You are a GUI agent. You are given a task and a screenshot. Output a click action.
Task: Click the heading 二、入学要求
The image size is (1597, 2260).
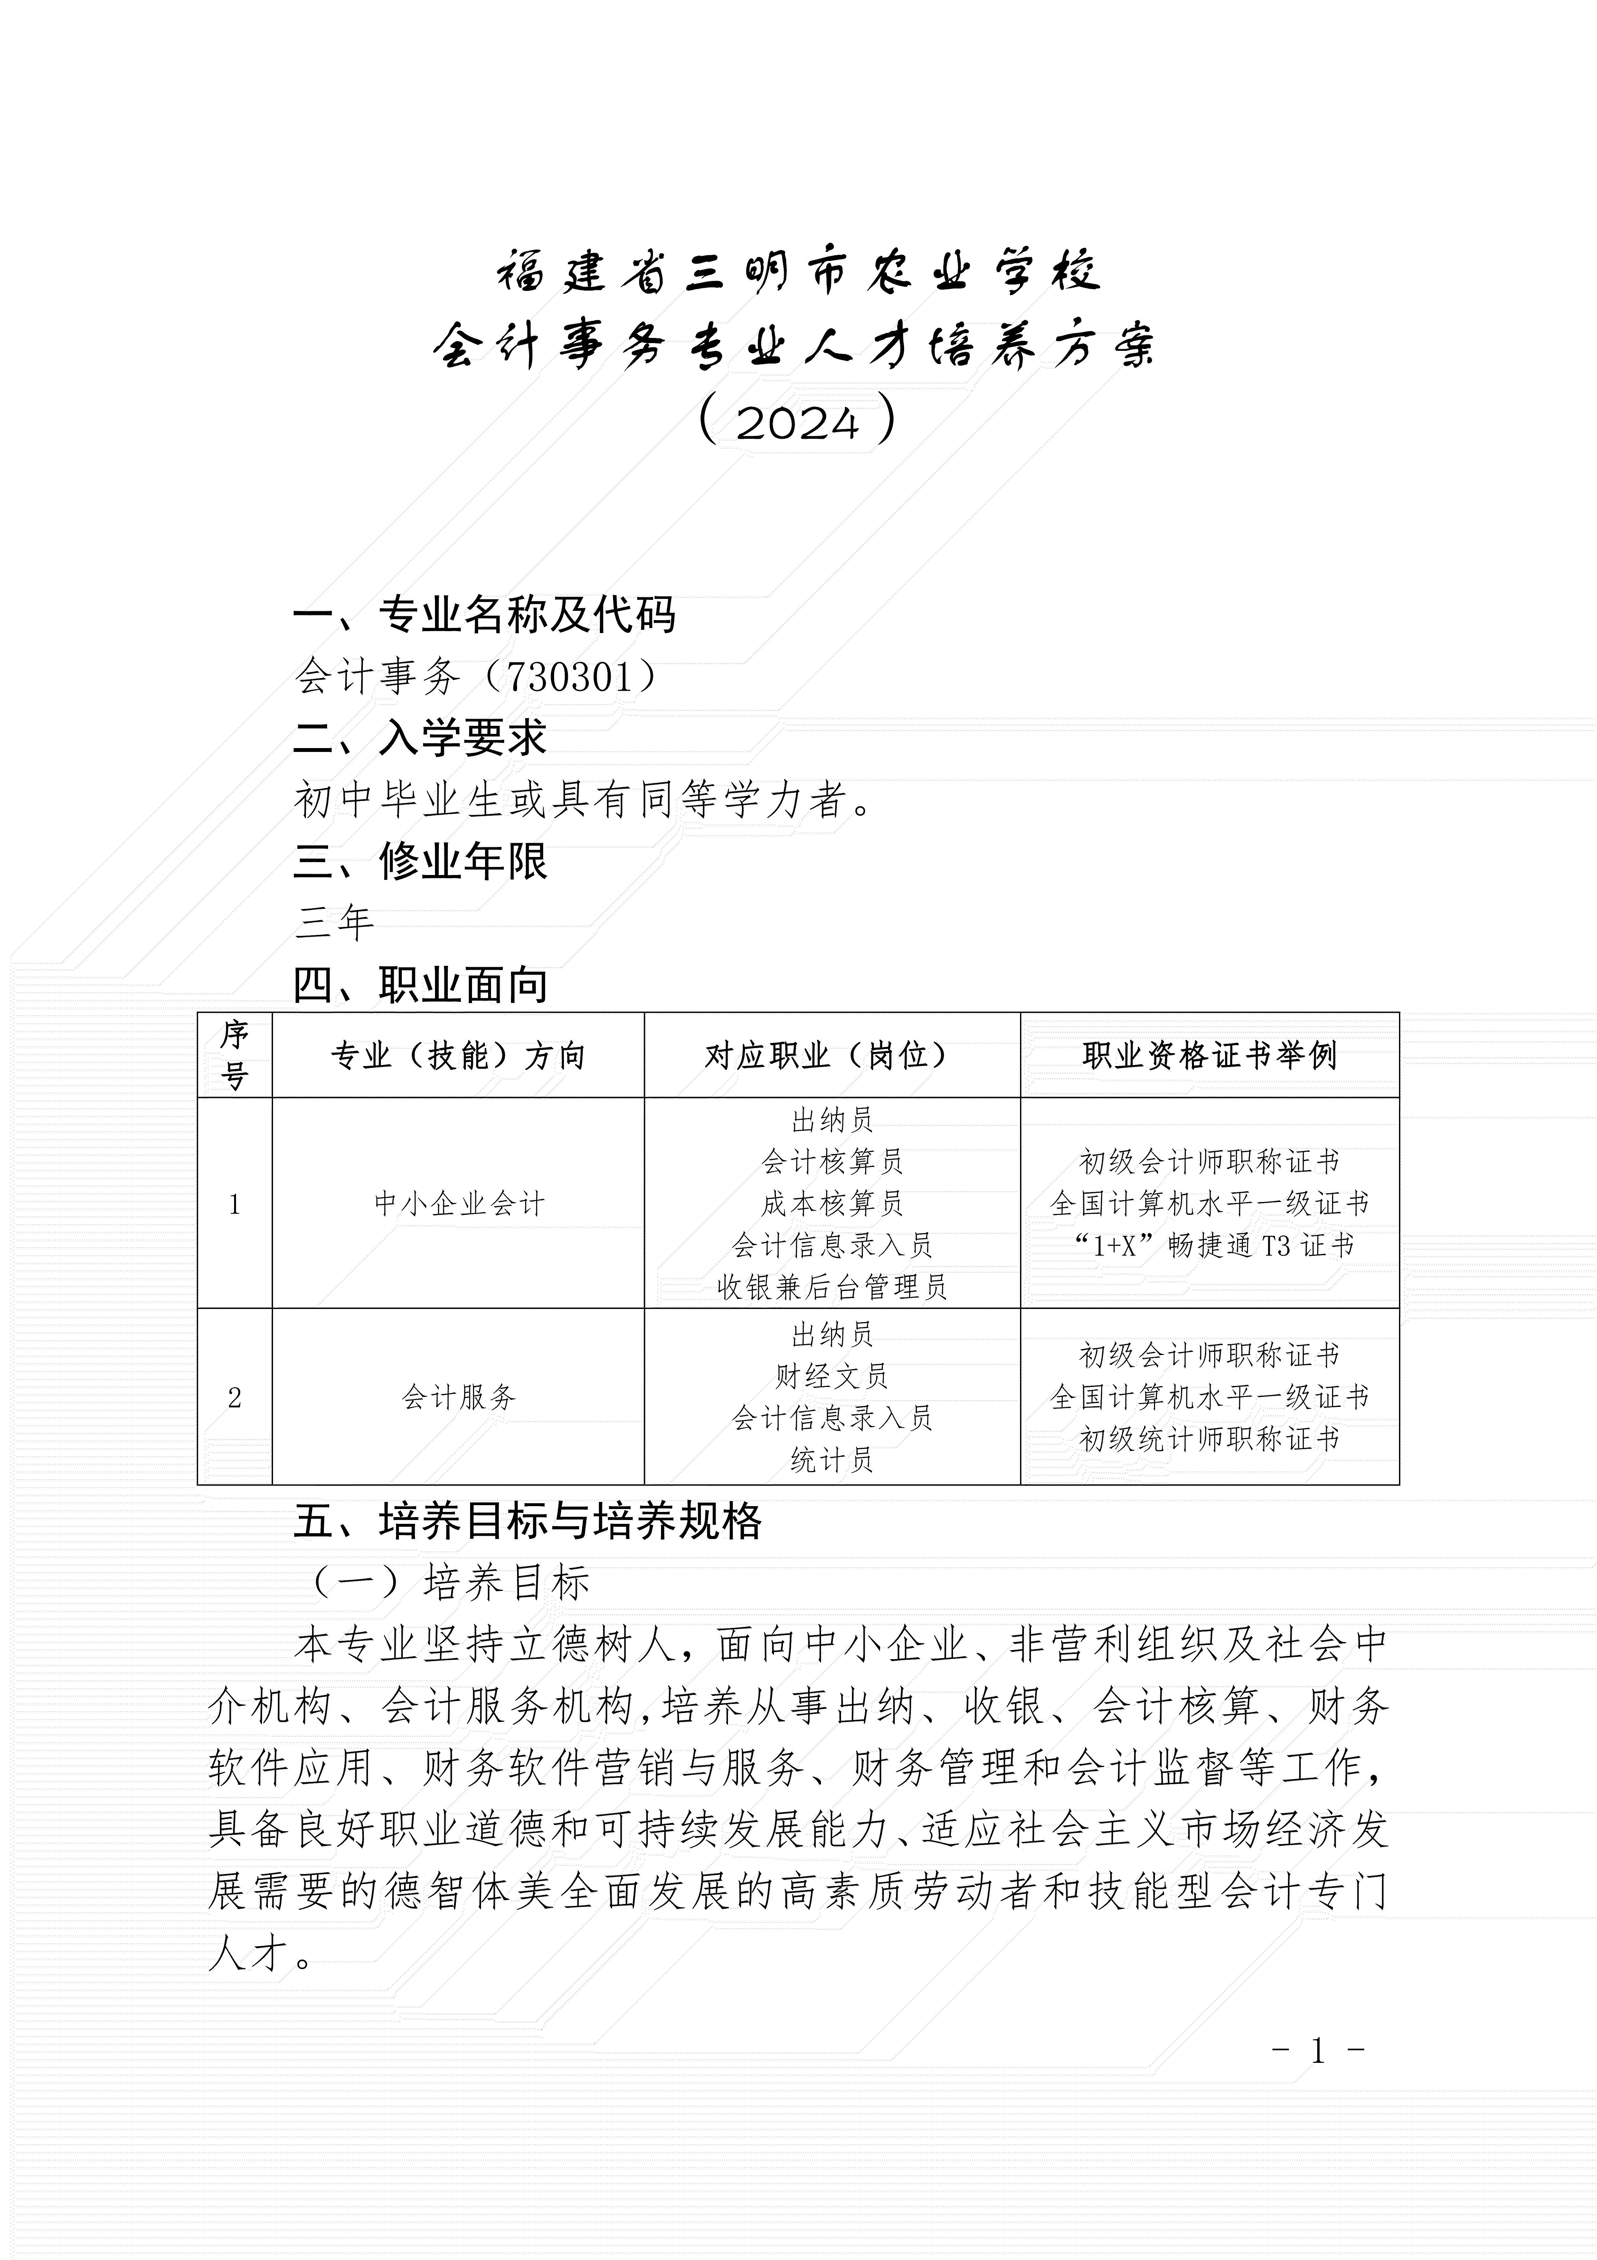420,738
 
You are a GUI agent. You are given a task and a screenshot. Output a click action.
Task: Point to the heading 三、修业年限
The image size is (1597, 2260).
420,861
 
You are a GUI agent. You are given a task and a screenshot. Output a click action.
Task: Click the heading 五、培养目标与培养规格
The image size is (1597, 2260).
527,1521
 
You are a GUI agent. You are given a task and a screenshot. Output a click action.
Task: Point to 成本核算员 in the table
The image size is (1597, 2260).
831,1203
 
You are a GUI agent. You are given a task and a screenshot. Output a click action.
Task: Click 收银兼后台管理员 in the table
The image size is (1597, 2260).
831,1286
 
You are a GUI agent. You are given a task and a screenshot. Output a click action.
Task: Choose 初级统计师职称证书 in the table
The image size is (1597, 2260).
1209,1439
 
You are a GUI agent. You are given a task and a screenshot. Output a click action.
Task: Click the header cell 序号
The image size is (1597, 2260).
234,1055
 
